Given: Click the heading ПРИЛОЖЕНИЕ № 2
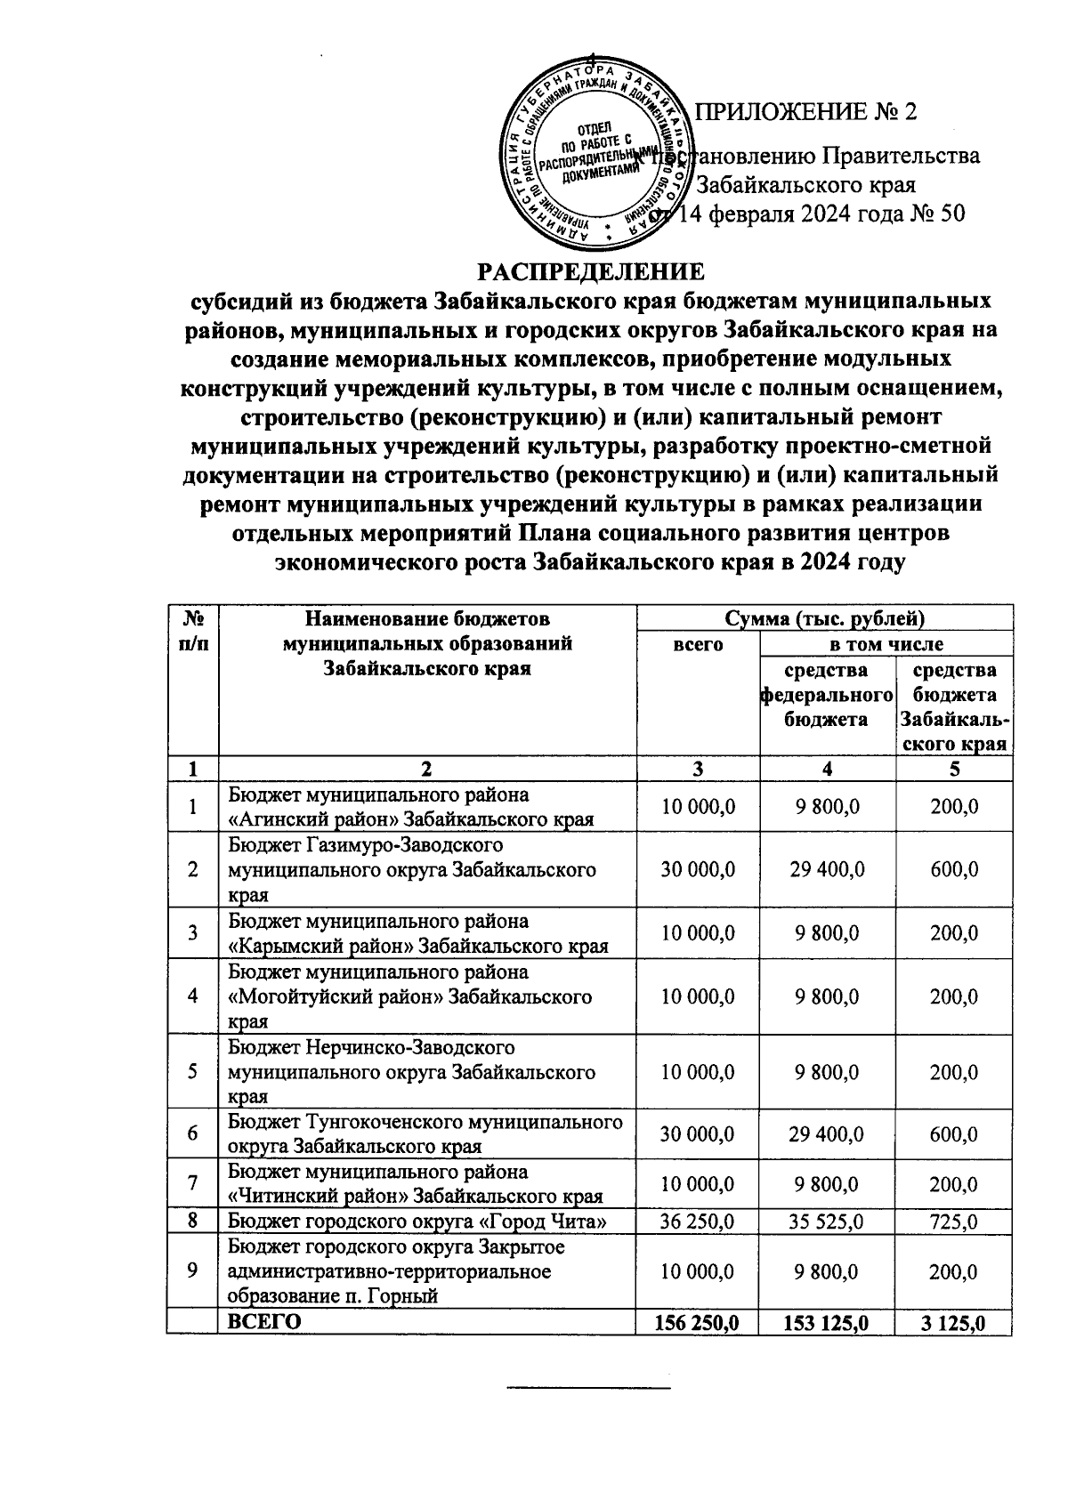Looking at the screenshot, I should (805, 113).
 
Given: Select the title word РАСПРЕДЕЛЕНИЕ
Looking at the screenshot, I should (590, 271).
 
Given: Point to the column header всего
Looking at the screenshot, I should (698, 644).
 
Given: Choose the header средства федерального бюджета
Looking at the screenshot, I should (827, 694).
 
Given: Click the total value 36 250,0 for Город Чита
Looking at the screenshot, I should (698, 1222).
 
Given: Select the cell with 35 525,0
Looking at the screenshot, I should (827, 1222).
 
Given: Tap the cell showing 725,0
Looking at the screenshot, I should (954, 1222).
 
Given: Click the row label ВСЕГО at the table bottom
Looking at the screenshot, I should (264, 1322).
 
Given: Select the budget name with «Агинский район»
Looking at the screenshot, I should (411, 806).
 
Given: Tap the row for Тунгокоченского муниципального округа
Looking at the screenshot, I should (425, 1133).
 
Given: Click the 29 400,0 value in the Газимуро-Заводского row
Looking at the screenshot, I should (827, 869).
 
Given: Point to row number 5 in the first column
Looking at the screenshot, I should (192, 1071).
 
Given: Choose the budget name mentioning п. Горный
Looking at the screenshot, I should (396, 1271).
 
